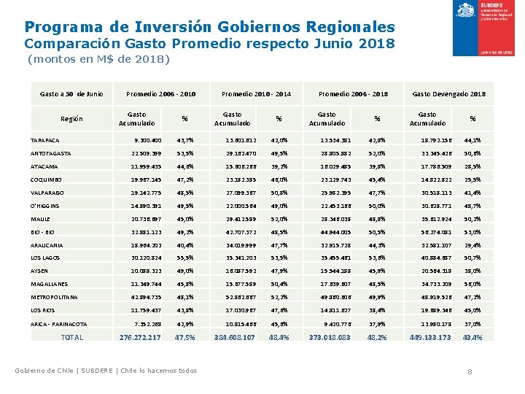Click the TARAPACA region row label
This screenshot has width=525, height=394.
[45, 140]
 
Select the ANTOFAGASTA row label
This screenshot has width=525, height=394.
[50, 153]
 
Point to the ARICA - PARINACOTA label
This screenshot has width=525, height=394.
[59, 324]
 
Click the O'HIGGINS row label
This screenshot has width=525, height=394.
[46, 206]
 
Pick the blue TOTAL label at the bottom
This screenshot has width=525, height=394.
[72, 337]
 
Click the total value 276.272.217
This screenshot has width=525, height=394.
[140, 337]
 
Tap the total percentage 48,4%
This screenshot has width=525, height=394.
[279, 337]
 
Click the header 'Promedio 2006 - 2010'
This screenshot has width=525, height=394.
[160, 93]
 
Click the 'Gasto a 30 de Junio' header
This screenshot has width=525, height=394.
[71, 93]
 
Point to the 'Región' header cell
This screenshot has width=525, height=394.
[71, 118]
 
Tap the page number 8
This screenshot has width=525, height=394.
[470, 372]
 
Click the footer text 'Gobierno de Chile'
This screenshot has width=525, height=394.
[44, 371]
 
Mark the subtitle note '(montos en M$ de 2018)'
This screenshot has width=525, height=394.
[98, 59]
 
